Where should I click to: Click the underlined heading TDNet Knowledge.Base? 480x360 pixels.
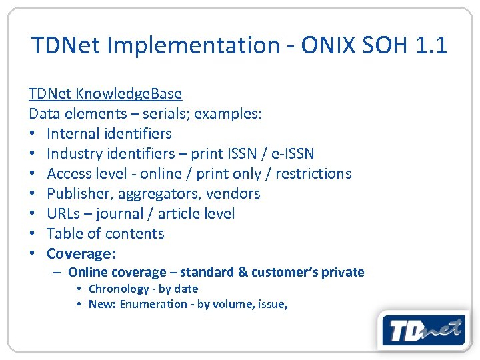pos(105,93)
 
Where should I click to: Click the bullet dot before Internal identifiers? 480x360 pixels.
pos(33,134)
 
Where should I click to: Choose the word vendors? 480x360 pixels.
pos(233,193)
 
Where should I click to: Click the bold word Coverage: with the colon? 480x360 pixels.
pos(81,254)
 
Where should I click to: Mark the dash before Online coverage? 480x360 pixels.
pos(58,272)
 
